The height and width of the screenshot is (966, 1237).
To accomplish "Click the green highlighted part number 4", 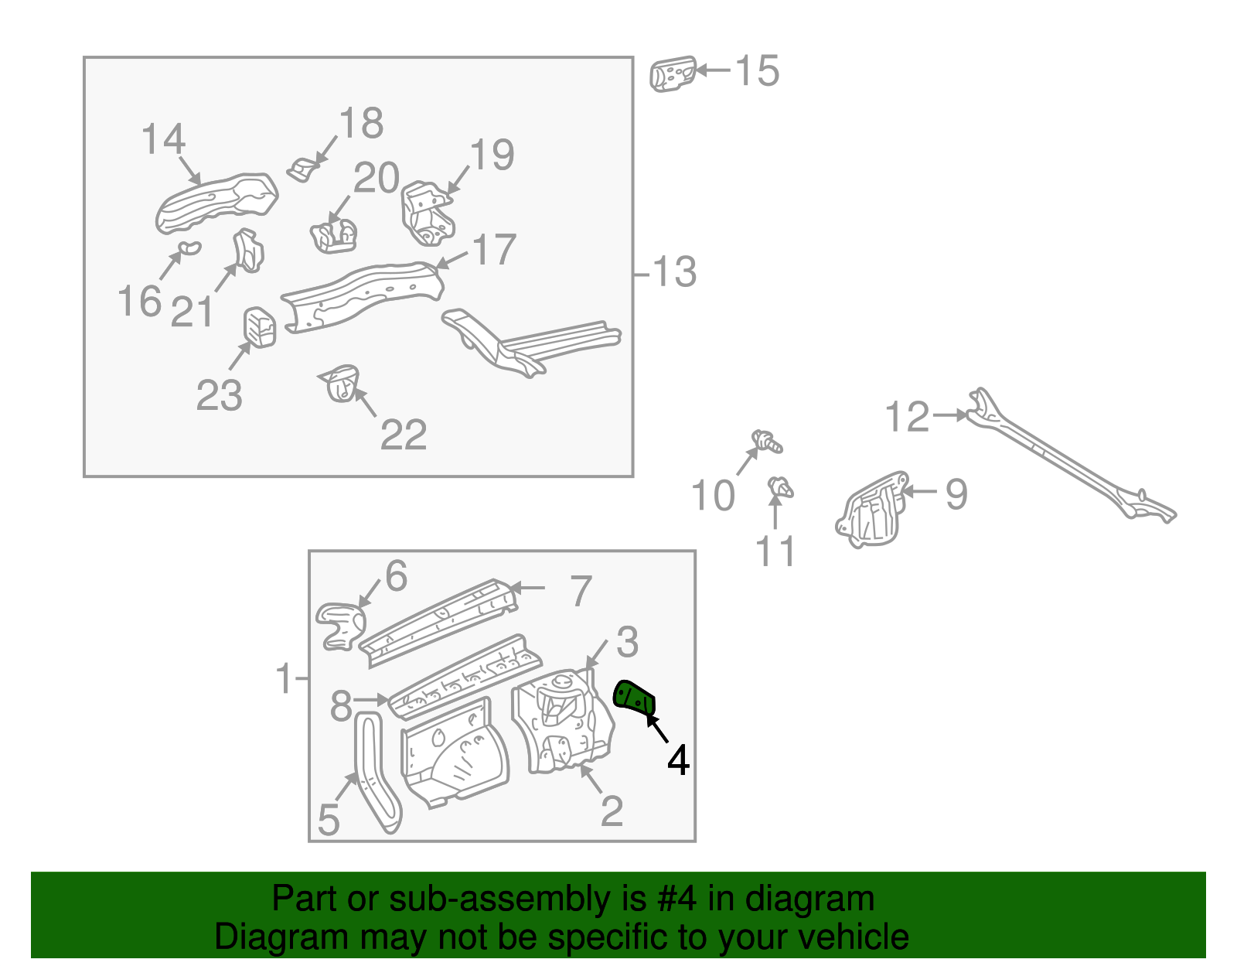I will tap(634, 697).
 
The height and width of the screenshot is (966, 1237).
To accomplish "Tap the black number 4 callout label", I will tap(678, 761).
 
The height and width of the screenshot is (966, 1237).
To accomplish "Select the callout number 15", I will tap(756, 71).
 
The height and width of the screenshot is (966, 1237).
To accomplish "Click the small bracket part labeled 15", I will tap(672, 74).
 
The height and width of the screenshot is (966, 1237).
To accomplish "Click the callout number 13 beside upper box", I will tap(674, 273).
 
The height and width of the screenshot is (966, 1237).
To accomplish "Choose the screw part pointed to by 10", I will tap(768, 442).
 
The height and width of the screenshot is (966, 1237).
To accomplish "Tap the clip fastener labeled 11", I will tap(780, 488).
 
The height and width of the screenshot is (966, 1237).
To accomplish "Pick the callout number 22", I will tap(404, 435).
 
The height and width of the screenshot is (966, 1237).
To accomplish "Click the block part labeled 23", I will tap(261, 326).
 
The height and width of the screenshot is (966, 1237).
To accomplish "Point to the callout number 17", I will tap(494, 251).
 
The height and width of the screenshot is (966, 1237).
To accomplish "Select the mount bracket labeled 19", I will tap(425, 213).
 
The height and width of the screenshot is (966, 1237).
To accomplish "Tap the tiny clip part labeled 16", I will tap(188, 247).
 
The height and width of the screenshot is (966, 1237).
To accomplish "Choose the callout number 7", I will tap(581, 591).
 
